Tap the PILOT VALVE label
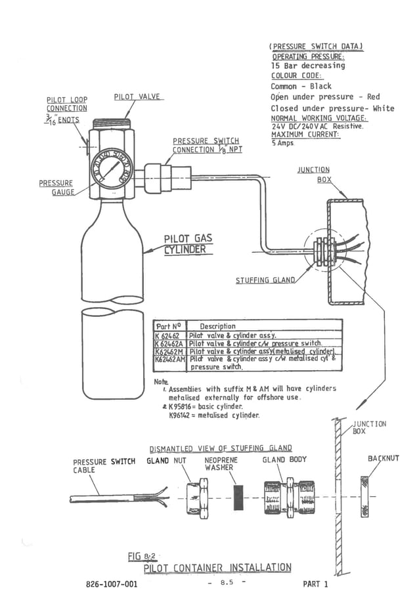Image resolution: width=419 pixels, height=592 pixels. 137,96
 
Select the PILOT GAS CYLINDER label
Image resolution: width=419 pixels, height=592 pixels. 188,243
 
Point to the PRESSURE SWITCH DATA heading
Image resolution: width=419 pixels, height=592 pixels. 316,47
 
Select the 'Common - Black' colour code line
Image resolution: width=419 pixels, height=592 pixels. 301,86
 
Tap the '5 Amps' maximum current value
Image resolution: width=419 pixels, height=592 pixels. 283,142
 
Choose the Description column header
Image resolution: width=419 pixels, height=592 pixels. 217,326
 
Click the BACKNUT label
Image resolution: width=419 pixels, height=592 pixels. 383,458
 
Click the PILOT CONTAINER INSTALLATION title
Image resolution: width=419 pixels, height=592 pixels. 217,567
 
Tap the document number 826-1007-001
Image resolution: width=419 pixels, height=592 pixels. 111,583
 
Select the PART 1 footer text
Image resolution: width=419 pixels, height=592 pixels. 315,583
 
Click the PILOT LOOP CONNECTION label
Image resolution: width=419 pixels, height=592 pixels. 66,104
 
